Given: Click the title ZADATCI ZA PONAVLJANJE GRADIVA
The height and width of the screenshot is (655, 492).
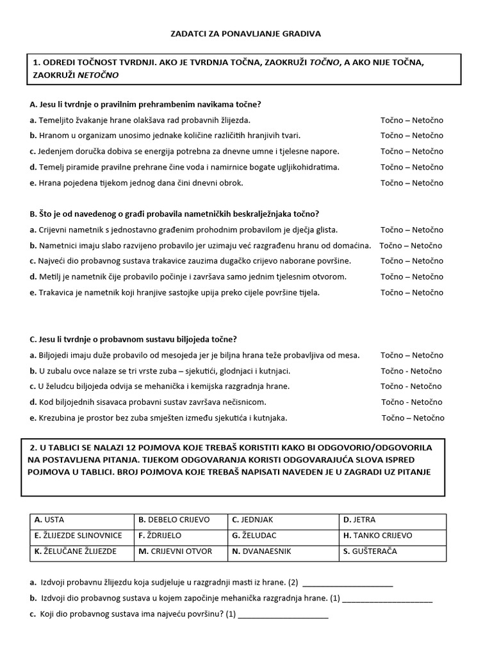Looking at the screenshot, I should tap(245, 33).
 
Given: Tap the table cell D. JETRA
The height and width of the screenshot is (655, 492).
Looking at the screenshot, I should tap(392, 520).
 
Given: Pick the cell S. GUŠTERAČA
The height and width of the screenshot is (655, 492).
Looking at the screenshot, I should tap(392, 551).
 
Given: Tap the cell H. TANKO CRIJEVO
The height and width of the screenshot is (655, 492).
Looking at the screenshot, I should tap(392, 535).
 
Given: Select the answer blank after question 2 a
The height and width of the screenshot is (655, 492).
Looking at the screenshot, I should tap(347, 583).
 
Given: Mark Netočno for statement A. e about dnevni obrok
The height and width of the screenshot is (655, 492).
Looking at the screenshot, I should tap(427, 183).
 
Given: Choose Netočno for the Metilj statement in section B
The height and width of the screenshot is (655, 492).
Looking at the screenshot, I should tap(427, 277).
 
